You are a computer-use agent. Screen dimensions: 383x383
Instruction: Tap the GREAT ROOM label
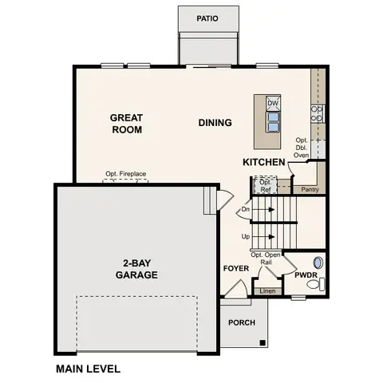coord(126,123)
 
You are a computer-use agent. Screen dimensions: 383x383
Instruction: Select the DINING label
coord(215,123)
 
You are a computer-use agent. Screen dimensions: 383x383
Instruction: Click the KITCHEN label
coord(264,163)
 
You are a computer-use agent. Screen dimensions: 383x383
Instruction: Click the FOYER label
coord(235,268)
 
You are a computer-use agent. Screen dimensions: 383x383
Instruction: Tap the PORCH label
coord(242,322)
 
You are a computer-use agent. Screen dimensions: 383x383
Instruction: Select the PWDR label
coord(306,275)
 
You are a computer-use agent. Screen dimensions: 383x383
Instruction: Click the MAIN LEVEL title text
coord(88,369)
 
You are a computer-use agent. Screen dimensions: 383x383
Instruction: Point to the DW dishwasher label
coord(273,103)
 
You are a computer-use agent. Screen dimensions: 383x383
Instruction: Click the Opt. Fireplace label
coord(124,174)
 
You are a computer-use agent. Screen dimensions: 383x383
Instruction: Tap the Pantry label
coord(310,190)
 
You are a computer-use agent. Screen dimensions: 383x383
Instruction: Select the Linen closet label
coord(267,290)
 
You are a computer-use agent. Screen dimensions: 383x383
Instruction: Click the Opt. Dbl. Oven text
coord(302,148)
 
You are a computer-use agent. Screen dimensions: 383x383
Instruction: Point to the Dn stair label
coord(246,210)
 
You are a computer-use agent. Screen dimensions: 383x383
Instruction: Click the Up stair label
coord(246,237)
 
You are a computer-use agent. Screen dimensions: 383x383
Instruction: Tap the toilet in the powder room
coord(319,262)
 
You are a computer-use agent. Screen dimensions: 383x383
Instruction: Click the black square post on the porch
coord(261,343)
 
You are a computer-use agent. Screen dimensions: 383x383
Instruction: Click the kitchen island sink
coord(273,120)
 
